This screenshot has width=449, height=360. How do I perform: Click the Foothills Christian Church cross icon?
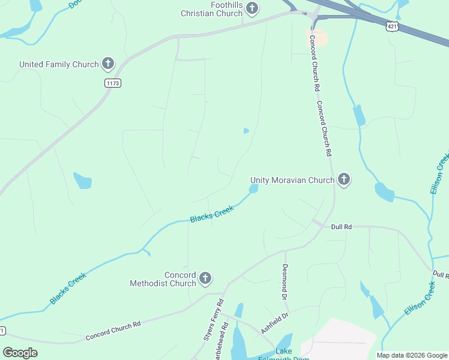pyautogui.click(x=253, y=8)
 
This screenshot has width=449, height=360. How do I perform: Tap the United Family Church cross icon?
pyautogui.click(x=108, y=63)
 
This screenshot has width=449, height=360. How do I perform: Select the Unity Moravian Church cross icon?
pyautogui.click(x=344, y=179)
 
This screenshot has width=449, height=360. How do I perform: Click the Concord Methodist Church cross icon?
pyautogui.click(x=205, y=278)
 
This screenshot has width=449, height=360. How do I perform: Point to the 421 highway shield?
pyautogui.click(x=392, y=27)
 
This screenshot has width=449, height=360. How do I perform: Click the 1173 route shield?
pyautogui.click(x=112, y=83)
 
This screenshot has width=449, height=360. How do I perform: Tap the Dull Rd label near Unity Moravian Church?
pyautogui.click(x=340, y=227)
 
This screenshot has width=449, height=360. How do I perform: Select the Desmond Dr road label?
pyautogui.click(x=285, y=281)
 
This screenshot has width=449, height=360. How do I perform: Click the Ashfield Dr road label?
pyautogui.click(x=275, y=323)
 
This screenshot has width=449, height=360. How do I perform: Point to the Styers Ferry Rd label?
pyautogui.click(x=214, y=319)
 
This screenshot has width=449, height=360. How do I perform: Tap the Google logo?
pyautogui.click(x=20, y=353)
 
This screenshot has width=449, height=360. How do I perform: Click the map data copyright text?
pyautogui.click(x=411, y=355)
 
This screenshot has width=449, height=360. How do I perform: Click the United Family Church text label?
pyautogui.click(x=59, y=64)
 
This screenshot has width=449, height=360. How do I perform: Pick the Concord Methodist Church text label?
pyautogui.click(x=163, y=279)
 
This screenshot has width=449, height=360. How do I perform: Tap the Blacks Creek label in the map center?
pyautogui.click(x=211, y=214)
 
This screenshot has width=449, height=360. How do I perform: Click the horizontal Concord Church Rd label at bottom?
pyautogui.click(x=113, y=330)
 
